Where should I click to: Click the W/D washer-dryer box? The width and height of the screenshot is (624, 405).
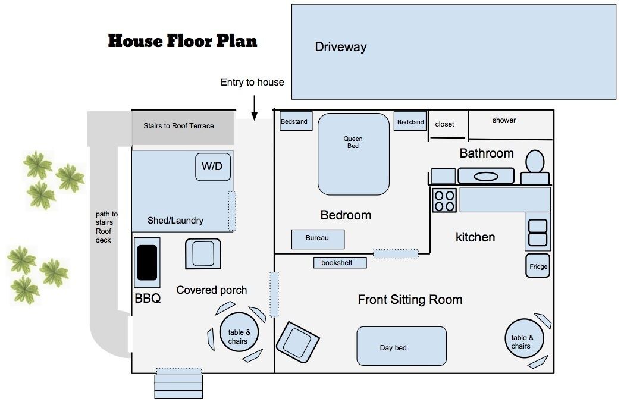(213, 167)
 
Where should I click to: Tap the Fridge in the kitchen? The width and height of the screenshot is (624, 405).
(538, 266)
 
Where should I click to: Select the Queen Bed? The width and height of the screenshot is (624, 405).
(353, 154)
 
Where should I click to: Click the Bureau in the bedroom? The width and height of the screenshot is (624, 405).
(318, 239)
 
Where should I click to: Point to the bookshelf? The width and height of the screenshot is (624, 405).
(340, 263)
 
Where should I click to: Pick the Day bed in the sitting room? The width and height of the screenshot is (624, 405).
(402, 346)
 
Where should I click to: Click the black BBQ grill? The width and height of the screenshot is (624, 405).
(148, 263)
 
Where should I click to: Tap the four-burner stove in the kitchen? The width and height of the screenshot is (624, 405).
(444, 200)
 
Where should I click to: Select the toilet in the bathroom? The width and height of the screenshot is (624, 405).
(535, 167)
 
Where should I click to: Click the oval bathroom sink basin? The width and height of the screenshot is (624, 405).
(486, 176)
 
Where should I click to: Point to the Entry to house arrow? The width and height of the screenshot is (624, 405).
(254, 108)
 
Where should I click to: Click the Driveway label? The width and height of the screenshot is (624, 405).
(341, 47)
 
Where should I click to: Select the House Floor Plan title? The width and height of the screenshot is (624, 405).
(183, 41)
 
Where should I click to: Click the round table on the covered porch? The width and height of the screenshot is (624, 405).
(239, 332)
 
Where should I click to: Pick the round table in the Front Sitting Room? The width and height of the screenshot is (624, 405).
(524, 338)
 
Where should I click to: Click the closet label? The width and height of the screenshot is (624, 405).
(444, 124)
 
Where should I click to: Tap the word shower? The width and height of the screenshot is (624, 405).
(504, 120)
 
